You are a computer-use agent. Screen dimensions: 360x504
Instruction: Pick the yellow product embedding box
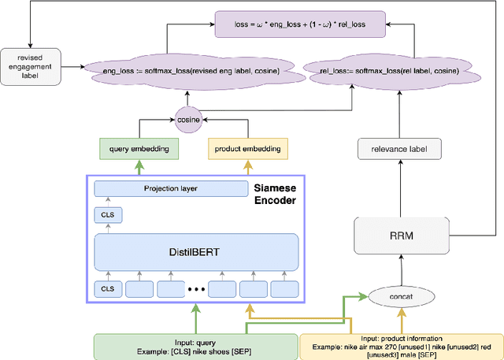tap(248, 147)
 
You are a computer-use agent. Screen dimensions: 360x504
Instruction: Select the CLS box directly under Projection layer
tap(108, 214)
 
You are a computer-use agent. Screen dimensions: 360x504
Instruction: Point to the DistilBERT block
tap(196, 252)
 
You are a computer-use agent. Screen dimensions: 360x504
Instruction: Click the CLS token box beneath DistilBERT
tap(108, 290)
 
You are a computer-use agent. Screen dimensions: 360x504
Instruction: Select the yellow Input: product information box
tap(401, 346)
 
